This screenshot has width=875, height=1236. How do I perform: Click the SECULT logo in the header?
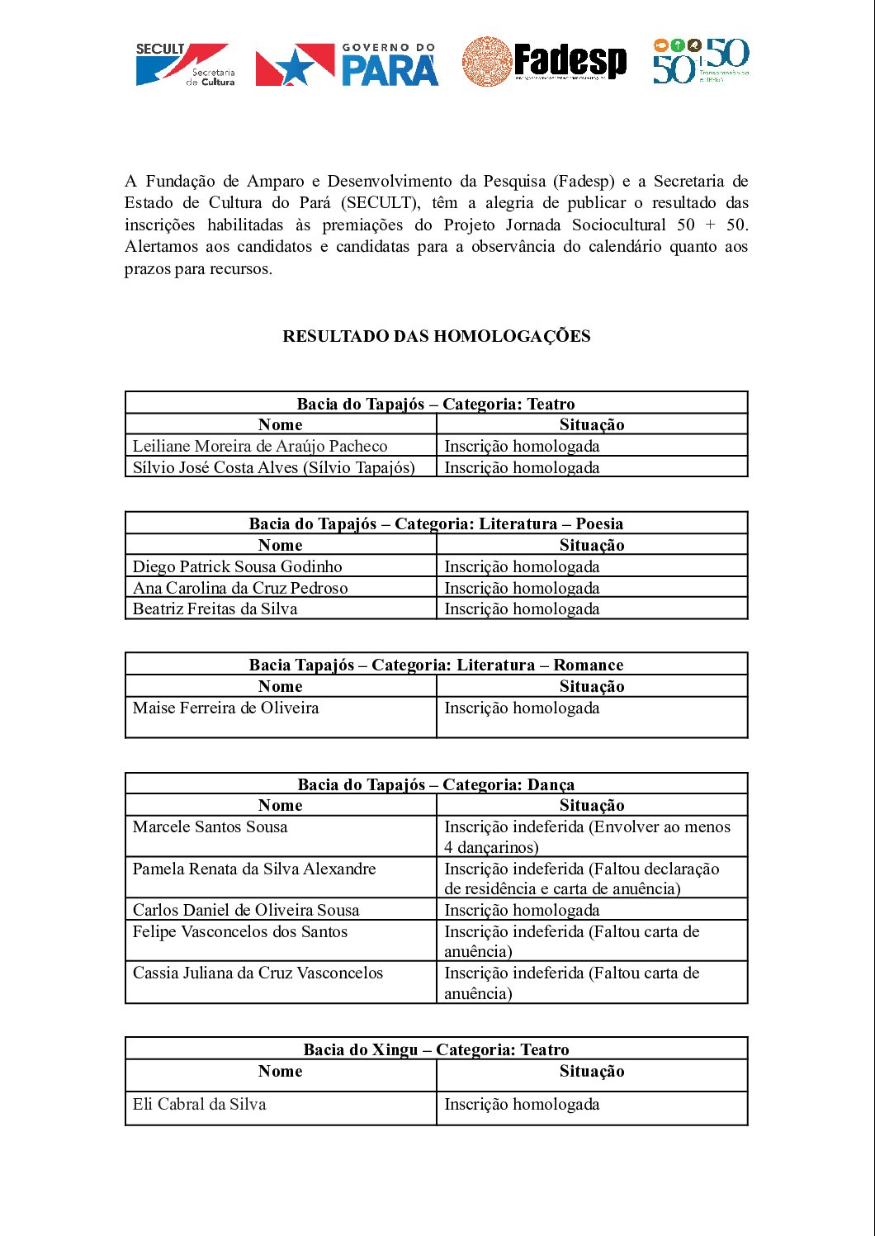[x=185, y=64]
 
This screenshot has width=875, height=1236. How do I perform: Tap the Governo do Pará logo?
[x=347, y=65]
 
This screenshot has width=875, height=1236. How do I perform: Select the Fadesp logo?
[x=544, y=62]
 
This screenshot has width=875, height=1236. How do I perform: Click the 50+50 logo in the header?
[x=701, y=61]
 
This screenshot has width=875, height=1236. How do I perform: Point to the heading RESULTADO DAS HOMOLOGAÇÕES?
[x=436, y=336]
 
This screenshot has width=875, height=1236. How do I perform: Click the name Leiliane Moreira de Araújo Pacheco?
[x=260, y=446]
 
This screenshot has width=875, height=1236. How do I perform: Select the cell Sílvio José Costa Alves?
[x=273, y=467]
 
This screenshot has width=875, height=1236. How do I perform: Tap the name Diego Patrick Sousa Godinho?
[x=237, y=566]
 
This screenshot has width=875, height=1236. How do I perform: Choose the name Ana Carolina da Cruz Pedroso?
[x=240, y=588]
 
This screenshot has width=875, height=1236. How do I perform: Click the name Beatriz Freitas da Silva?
[x=215, y=609]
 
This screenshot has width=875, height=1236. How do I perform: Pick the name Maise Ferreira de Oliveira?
[x=225, y=708]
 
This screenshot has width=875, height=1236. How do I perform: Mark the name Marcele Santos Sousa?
[x=210, y=826]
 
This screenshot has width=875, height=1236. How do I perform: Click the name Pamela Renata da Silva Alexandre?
[x=254, y=869]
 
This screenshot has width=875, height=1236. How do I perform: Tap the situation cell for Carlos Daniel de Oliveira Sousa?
[x=522, y=910]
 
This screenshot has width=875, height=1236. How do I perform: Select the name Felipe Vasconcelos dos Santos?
[x=240, y=931]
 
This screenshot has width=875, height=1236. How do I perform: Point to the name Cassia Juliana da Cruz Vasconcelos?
[x=258, y=973]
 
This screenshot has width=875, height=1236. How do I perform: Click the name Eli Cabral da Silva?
[x=199, y=1104]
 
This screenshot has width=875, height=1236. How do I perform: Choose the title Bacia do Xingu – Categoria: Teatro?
[x=436, y=1049]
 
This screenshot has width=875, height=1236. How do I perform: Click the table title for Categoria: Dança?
[x=436, y=784]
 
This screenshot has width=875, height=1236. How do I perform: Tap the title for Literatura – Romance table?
[x=436, y=665]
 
